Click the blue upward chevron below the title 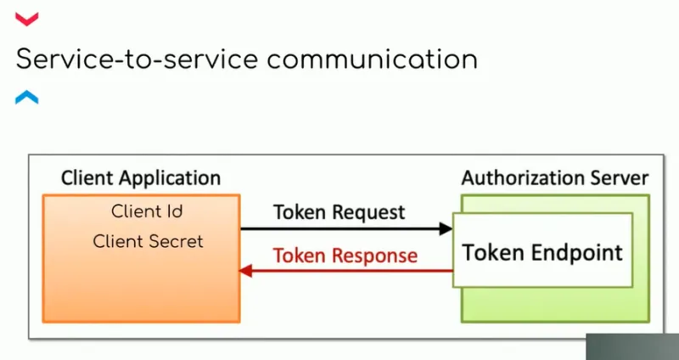point(27,98)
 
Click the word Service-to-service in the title point(126,59)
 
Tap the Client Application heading point(141,178)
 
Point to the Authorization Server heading point(554,178)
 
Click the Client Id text point(147,211)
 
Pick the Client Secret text point(148,241)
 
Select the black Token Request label point(339,212)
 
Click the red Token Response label point(345,255)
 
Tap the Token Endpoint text point(542,252)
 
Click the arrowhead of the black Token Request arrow point(446,228)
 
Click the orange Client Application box point(140,280)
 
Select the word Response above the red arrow point(375,255)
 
